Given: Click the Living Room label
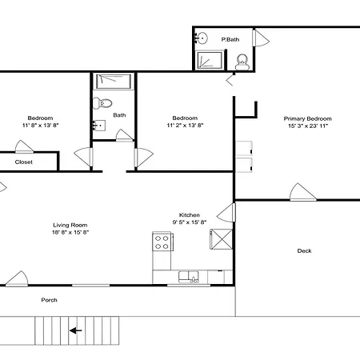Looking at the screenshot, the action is [x=70, y=225].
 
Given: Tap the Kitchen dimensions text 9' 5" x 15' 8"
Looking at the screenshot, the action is [x=190, y=222].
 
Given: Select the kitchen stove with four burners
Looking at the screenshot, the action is [x=162, y=242].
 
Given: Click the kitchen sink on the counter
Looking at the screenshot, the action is [x=189, y=277].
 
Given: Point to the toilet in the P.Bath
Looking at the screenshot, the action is [x=242, y=62].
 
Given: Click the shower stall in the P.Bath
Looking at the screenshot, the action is [x=210, y=60].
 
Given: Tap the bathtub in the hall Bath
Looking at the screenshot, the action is [x=114, y=82].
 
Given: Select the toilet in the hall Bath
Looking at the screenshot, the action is [x=102, y=103].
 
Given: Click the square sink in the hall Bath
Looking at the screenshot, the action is [x=99, y=126].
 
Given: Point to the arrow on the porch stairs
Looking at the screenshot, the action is [x=76, y=330].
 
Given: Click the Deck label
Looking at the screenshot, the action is [x=304, y=250].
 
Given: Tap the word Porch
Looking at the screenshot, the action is [x=49, y=300].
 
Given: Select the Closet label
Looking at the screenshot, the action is [x=24, y=162].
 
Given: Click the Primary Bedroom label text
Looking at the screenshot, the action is [x=308, y=118].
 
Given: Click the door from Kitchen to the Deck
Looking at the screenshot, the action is [x=226, y=213].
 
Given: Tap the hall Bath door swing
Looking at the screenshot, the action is [x=124, y=135].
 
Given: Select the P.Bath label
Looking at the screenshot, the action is [x=230, y=39].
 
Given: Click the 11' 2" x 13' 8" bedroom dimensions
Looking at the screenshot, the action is [x=185, y=125].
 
